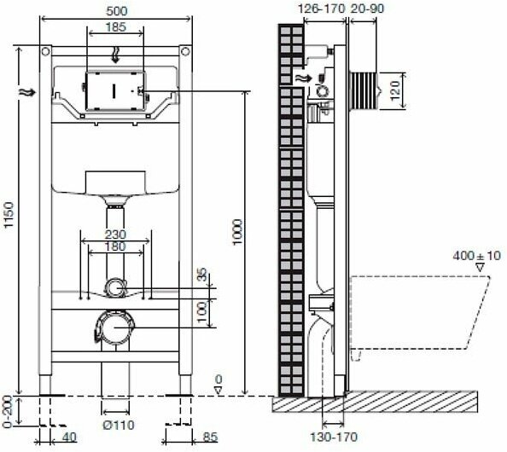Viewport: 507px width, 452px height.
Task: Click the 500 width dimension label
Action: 117,11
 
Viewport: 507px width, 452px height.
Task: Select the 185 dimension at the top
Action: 116,26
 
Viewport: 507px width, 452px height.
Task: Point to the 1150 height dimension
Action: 9,215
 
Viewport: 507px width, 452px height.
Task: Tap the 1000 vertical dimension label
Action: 237,232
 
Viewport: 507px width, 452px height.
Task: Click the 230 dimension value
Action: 115,235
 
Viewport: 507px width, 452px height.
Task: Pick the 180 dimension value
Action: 115,246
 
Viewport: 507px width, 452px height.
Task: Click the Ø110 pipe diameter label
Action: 119,426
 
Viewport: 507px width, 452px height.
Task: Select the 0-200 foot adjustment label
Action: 7,411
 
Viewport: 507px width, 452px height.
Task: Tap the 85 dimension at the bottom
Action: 211,438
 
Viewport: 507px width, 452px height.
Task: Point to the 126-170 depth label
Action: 322,9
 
